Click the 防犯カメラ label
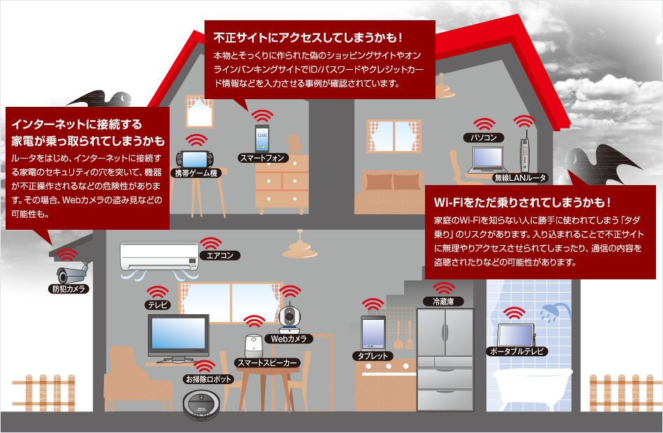click(68, 288)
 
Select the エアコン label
click(220, 256)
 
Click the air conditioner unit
click(158, 256)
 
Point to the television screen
click(178, 335)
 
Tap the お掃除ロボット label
click(207, 380)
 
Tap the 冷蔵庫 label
click(444, 302)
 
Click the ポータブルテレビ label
click(517, 351)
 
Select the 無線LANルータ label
click(520, 178)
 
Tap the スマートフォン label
click(262, 158)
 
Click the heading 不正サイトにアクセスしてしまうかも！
click(308, 36)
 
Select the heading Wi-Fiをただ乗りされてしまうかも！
click(523, 203)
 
